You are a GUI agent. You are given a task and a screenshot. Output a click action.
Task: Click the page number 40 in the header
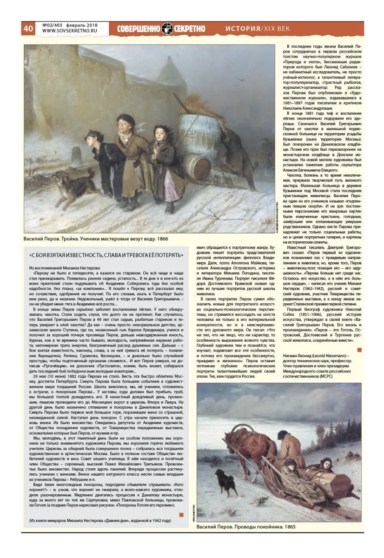click(x=28, y=28)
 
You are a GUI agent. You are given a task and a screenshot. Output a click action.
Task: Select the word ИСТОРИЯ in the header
click(x=243, y=28)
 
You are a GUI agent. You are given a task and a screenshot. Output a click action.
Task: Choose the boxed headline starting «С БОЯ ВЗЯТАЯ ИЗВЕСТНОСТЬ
click(x=106, y=255)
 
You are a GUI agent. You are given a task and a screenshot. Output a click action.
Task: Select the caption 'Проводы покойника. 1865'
click(x=246, y=527)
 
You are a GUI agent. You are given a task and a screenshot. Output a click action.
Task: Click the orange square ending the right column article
click(x=358, y=350)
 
